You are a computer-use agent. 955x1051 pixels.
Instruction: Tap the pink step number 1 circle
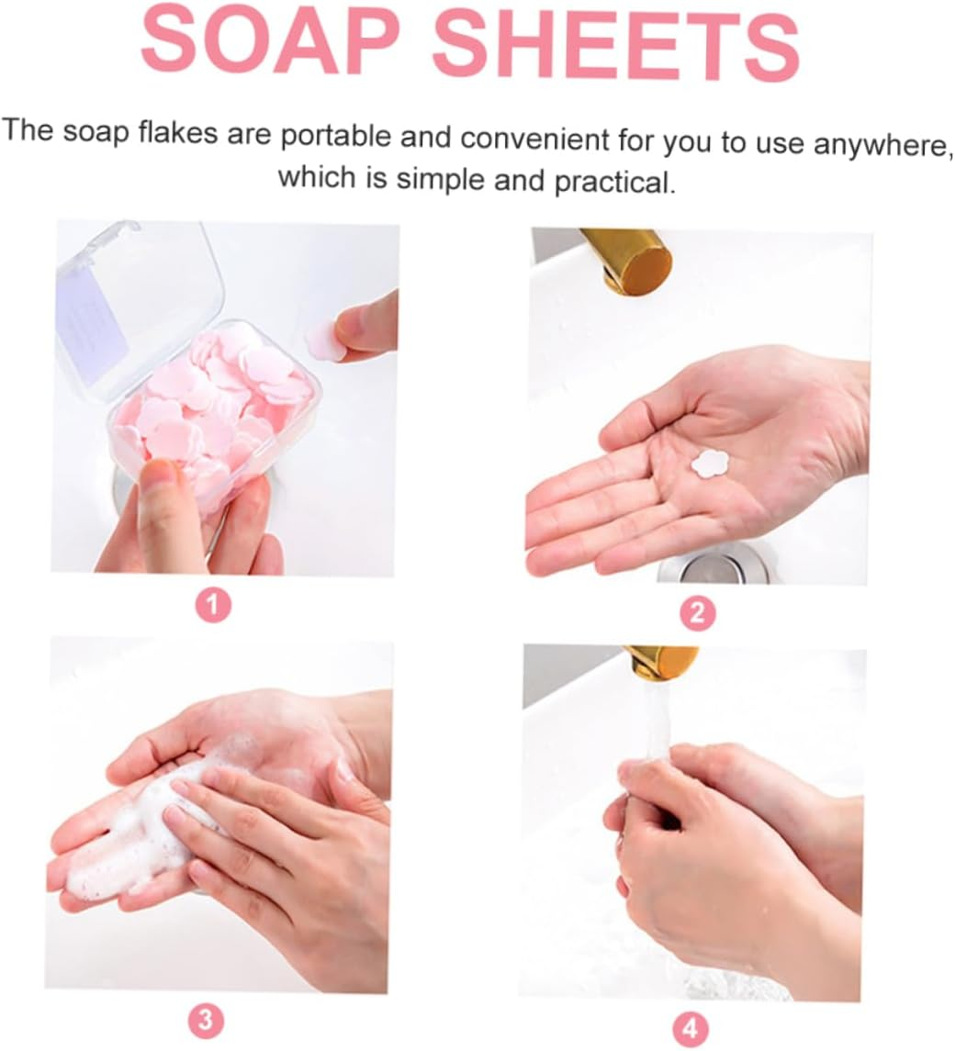point(213,605)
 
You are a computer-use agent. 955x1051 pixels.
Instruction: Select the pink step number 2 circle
point(697,611)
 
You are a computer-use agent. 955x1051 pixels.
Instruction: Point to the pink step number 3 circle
point(206,1018)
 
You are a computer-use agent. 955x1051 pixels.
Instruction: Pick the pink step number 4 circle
point(691,1025)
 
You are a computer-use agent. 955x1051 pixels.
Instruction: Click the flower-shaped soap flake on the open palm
point(710,464)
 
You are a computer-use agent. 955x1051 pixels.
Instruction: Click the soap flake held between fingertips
point(324,341)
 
